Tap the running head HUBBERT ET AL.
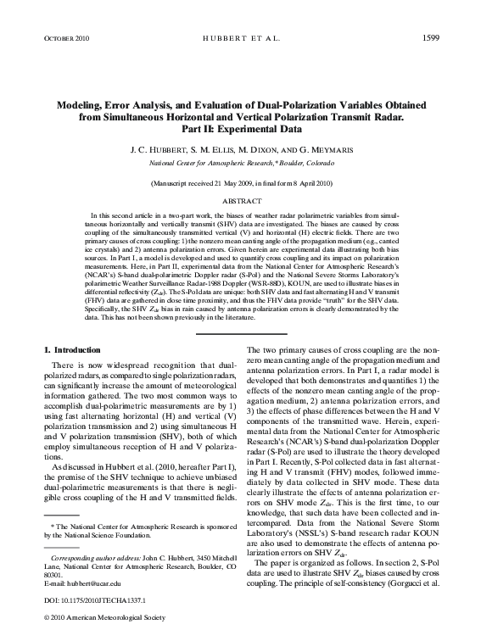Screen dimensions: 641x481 pyautogui.click(x=240, y=39)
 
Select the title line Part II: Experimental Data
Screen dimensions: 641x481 pyautogui.click(x=240, y=131)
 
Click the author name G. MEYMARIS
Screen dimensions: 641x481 pyautogui.click(x=322, y=148)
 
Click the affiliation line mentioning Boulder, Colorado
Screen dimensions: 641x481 pyautogui.click(x=240, y=161)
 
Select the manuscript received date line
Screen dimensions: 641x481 pyautogui.click(x=240, y=183)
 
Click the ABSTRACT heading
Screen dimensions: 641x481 pyautogui.click(x=240, y=202)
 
